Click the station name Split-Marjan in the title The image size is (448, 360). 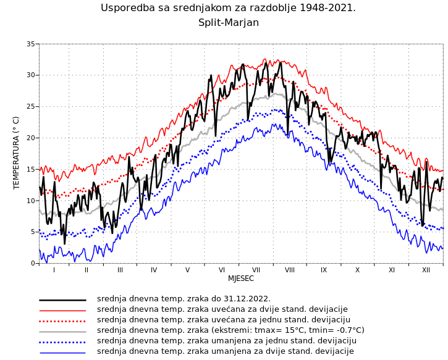[x=228, y=23]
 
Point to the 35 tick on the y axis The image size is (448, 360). [x=31, y=44]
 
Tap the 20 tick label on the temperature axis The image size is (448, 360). [x=31, y=138]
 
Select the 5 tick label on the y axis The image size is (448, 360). [x=33, y=232]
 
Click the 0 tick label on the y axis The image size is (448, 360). [x=33, y=264]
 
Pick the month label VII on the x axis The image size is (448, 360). [x=256, y=270]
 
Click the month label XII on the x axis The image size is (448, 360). [x=426, y=270]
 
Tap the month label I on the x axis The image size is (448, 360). [x=54, y=270]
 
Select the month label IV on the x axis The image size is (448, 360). [x=154, y=270]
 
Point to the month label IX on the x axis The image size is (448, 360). [x=324, y=270]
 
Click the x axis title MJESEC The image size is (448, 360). [x=241, y=278]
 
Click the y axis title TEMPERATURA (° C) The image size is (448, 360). [x=17, y=153]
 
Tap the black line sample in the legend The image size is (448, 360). [x=62, y=299]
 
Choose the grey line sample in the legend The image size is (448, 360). [x=62, y=331]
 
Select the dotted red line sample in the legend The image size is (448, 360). [x=62, y=320]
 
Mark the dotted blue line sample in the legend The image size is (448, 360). [x=62, y=341]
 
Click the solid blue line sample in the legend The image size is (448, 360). [x=62, y=352]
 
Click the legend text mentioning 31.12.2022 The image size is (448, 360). [x=184, y=299]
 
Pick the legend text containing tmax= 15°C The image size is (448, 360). [x=230, y=330]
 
